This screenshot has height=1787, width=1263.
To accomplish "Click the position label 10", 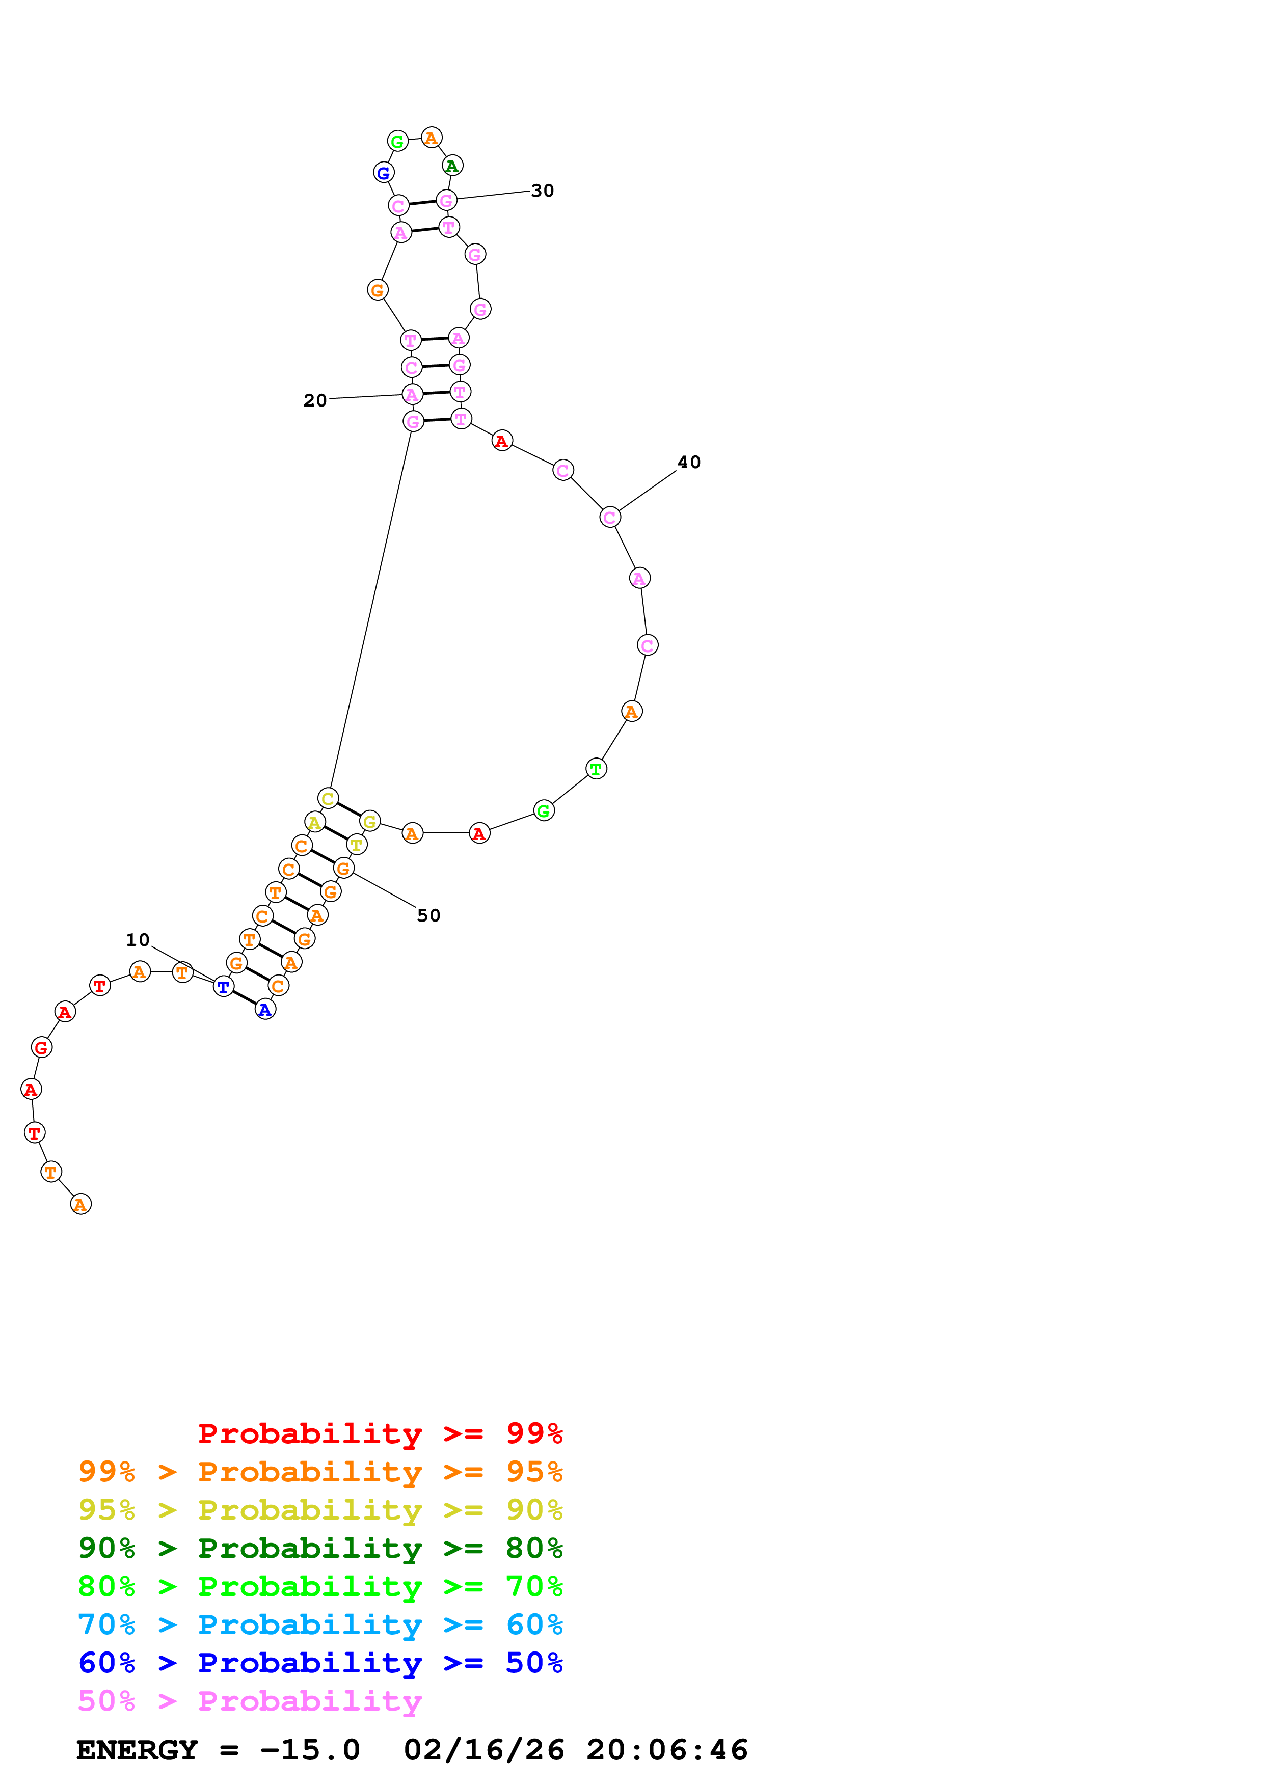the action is coord(138,940).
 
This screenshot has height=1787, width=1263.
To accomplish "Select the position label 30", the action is coord(543,191).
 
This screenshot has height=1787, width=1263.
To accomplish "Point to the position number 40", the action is coord(689,463).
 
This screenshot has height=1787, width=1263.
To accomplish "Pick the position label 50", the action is coord(429,916).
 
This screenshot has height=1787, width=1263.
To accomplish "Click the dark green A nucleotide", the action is coord(452,166).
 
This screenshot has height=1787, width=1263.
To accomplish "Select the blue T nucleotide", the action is coord(223,987).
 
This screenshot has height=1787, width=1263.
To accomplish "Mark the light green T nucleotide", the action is coord(596,769).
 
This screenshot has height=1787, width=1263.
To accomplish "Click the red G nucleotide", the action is coord(41,1048).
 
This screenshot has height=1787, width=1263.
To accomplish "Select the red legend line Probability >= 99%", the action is coord(380,1433).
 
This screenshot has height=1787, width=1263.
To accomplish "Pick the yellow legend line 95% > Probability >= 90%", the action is coord(320,1511).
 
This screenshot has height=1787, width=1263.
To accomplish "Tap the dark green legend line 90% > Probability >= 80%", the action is coord(320,1549).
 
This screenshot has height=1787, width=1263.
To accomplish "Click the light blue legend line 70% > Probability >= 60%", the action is coord(320,1625).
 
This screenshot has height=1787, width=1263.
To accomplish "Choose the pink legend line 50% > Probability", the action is coord(250,1701).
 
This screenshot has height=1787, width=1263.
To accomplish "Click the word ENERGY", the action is coord(137,1750).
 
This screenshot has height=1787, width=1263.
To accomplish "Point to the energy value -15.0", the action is coord(310,1750).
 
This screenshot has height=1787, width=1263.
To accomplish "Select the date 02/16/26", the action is coord(484,1750).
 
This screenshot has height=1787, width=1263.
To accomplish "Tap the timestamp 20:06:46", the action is coord(667,1750).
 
